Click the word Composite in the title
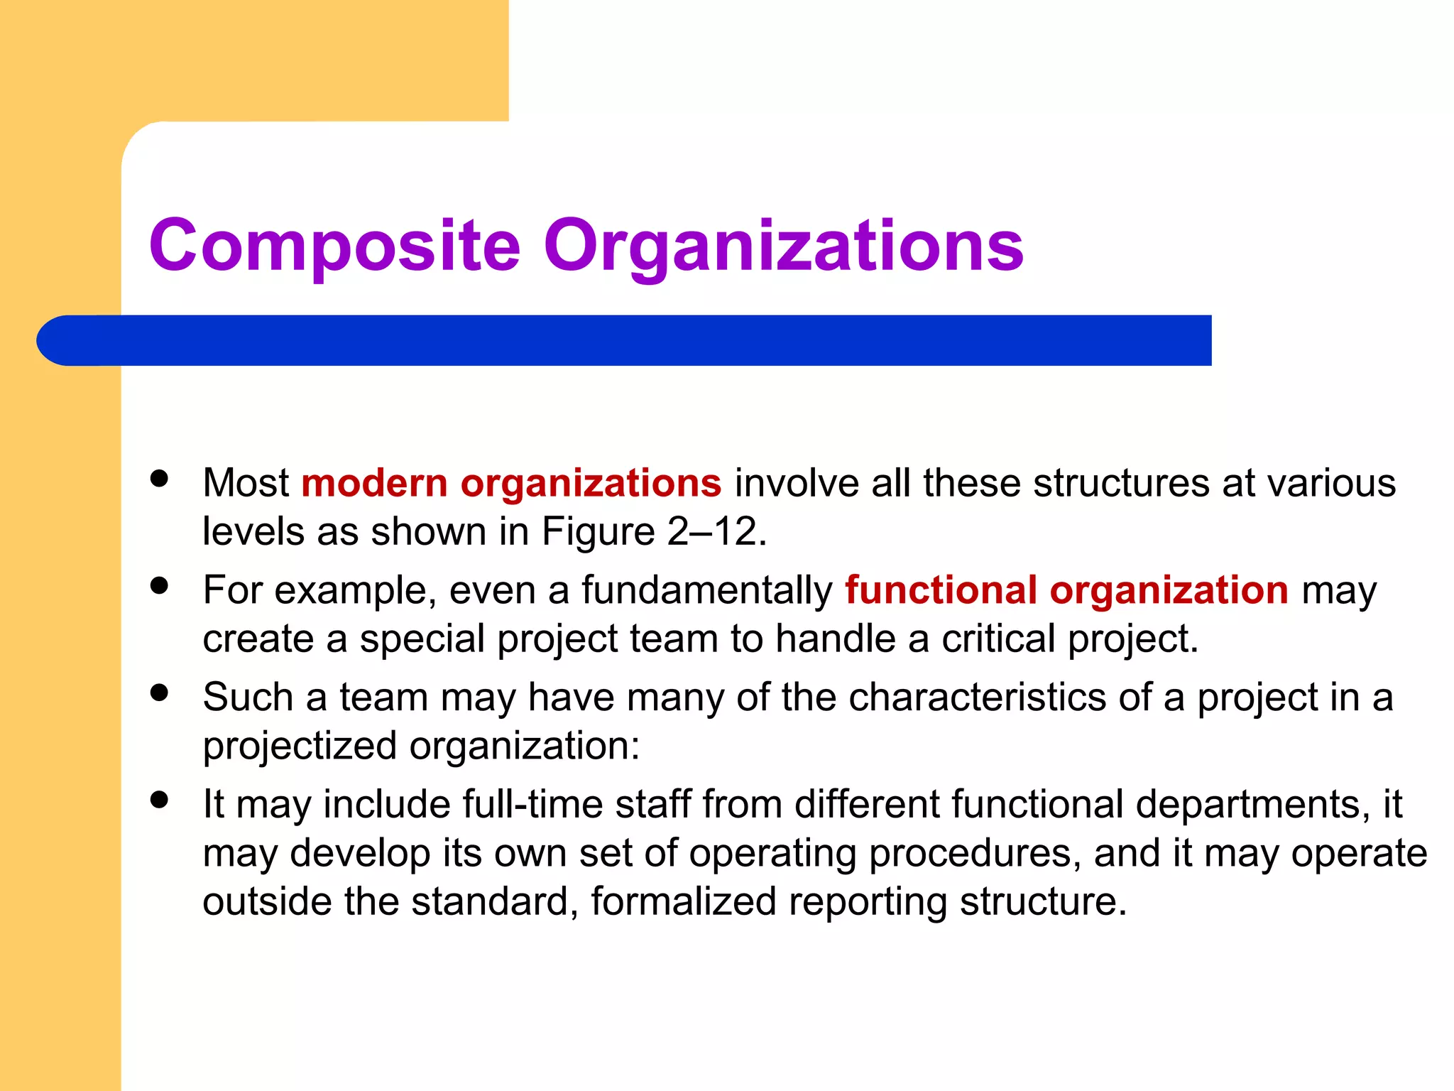click(335, 246)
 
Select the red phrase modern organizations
click(511, 484)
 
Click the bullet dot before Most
click(160, 478)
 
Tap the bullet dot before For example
click(160, 585)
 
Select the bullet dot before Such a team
click(160, 693)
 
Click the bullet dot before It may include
click(160, 800)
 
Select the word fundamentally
click(706, 590)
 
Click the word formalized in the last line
click(684, 901)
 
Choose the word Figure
click(598, 531)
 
